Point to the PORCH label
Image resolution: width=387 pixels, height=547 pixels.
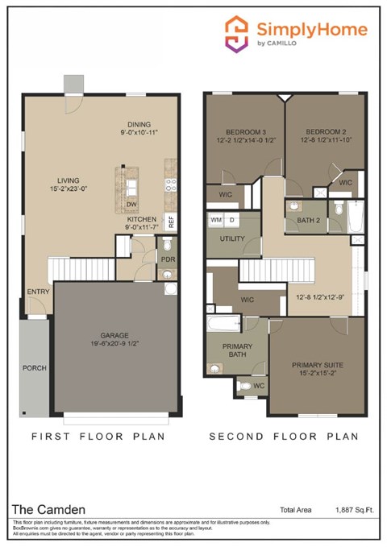35,368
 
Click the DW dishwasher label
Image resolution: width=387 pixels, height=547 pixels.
131,205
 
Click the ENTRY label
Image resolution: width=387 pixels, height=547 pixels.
38,292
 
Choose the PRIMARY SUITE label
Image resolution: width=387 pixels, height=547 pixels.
316,364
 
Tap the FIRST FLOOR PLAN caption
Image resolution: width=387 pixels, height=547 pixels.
98,436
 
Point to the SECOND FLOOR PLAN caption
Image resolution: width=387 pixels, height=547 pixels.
283,436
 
